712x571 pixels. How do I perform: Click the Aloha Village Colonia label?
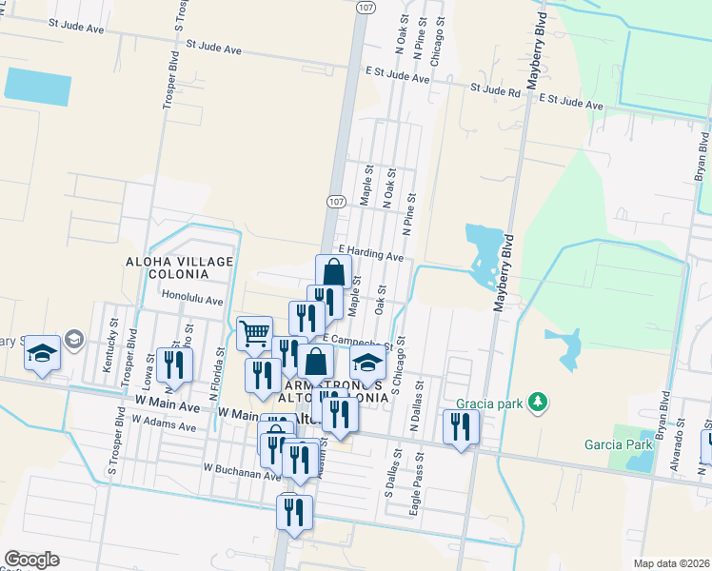point(166,266)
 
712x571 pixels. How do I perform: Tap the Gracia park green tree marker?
point(539,402)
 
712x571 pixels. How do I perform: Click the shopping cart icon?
point(254,333)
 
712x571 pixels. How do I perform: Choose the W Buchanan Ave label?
point(242,468)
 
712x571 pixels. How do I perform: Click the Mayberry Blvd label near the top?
point(540,37)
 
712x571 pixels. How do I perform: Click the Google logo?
point(30,560)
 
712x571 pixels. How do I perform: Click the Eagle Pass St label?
point(416,485)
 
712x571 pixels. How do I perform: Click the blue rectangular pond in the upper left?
point(38,86)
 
